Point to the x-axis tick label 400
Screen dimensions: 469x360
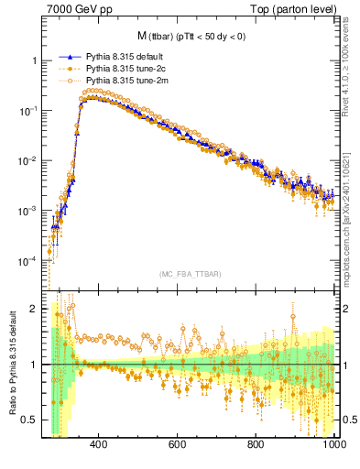[x=100, y=444]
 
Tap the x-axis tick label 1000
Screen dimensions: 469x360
[x=333, y=444]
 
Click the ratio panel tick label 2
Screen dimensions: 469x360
[x=33, y=309]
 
